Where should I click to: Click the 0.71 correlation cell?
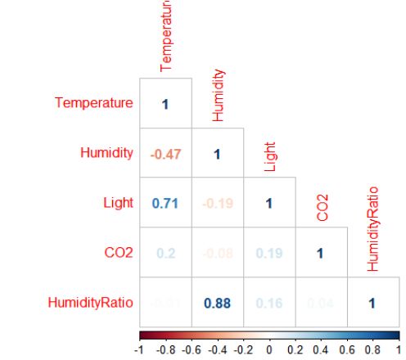click(x=165, y=204)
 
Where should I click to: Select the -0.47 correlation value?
click(x=165, y=154)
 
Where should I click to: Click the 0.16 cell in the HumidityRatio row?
click(x=268, y=304)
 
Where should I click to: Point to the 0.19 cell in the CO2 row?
click(x=268, y=254)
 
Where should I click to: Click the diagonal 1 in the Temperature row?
click(x=165, y=104)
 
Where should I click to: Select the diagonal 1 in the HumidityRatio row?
click(x=372, y=304)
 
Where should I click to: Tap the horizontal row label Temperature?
click(x=93, y=103)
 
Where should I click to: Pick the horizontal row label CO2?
click(x=119, y=253)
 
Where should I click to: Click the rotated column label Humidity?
click(x=218, y=97)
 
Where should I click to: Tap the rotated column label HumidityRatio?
click(x=373, y=232)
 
